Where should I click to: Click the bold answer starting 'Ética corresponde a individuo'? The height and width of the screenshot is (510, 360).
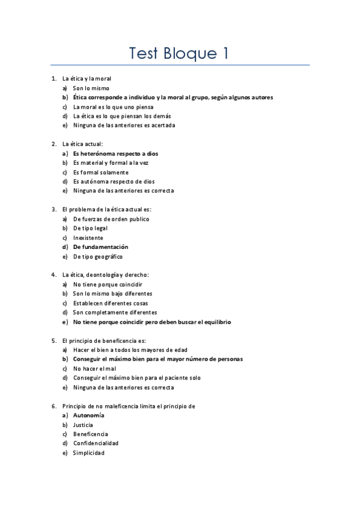[172, 97]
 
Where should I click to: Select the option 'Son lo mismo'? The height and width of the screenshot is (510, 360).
[91, 88]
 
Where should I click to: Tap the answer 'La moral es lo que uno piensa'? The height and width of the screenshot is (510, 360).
[113, 106]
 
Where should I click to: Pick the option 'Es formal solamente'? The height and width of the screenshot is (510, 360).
[100, 172]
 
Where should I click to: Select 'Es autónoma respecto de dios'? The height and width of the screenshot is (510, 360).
[114, 181]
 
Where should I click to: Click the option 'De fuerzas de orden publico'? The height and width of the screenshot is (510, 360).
[111, 219]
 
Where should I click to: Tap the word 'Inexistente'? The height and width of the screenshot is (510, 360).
[88, 238]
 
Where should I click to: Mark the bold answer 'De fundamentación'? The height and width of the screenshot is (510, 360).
[100, 247]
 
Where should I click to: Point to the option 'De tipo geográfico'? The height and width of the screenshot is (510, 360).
[98, 256]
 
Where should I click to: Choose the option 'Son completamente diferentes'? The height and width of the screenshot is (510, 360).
[115, 312]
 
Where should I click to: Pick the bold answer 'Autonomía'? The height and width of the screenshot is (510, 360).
[88, 416]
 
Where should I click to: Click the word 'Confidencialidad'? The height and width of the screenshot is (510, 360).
[96, 443]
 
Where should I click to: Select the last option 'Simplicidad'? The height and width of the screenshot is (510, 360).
[88, 453]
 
